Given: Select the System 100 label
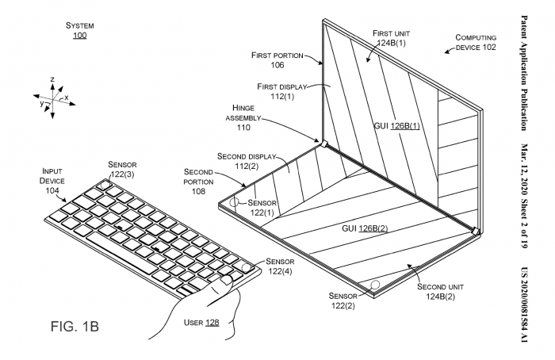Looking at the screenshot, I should (80, 31).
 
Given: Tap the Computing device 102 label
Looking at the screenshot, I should (477, 42).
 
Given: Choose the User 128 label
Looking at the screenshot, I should (201, 322).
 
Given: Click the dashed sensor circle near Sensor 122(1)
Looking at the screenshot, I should (233, 202).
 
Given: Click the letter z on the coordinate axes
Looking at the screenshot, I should (52, 80).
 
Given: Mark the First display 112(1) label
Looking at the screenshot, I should (281, 91).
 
